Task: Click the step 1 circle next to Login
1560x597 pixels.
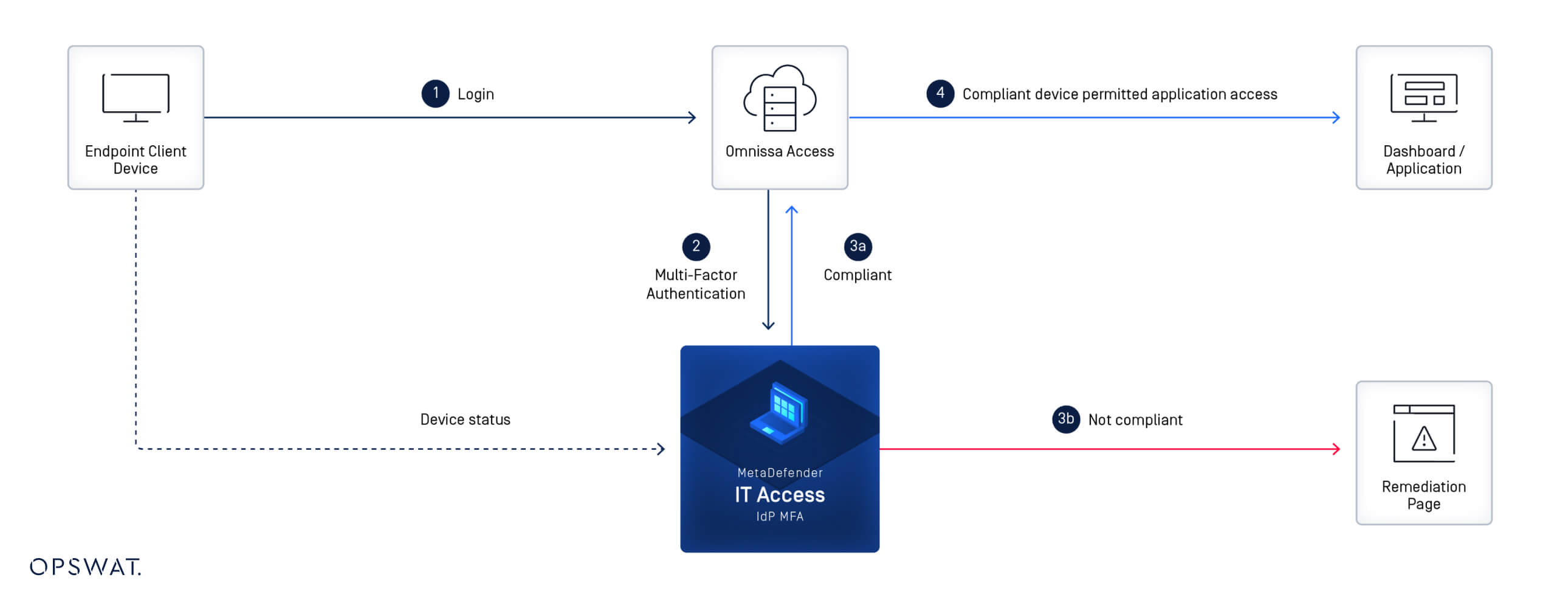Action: point(435,94)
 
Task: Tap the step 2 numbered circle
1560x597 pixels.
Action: point(696,246)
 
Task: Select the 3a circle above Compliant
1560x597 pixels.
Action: point(857,246)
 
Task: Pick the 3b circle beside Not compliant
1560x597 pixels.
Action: point(1065,419)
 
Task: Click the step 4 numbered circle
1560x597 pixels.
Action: point(940,94)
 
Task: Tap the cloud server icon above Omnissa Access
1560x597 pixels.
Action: point(780,98)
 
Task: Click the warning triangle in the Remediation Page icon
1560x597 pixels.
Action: point(1424,439)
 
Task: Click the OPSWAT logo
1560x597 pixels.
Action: point(85,567)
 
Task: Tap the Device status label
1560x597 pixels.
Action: point(465,419)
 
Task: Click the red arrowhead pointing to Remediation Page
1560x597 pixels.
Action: point(1336,449)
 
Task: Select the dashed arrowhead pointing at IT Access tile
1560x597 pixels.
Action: point(661,449)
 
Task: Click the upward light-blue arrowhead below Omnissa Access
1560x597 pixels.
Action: point(791,210)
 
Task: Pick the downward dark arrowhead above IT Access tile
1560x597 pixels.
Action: point(768,325)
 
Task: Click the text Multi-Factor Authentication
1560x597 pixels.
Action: point(695,284)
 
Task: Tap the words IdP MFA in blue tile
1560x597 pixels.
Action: point(780,516)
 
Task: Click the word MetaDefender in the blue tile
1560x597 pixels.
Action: point(780,472)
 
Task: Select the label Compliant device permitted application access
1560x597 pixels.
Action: point(1119,94)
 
